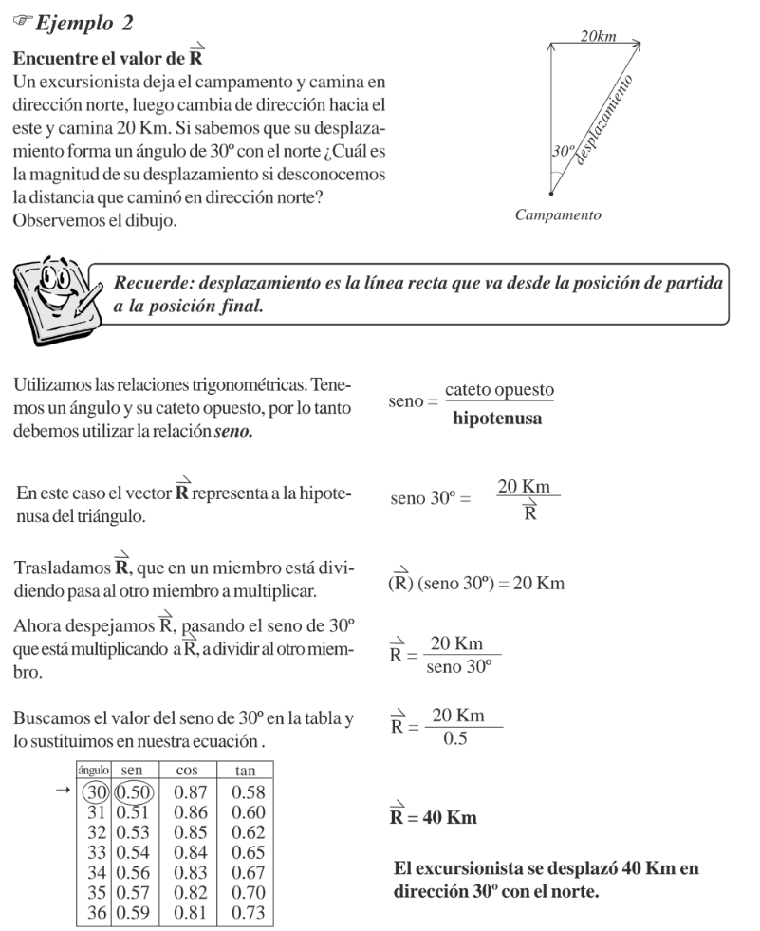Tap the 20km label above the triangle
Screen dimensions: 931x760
pos(598,36)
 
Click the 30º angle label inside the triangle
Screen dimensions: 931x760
pos(563,151)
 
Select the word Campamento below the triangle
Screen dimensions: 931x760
pos(558,214)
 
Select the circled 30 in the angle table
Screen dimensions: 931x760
pos(95,792)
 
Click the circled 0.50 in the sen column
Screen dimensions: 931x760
pos(135,792)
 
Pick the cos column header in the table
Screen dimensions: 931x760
pos(187,772)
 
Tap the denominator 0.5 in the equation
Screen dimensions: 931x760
pos(454,738)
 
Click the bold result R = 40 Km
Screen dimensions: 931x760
pos(433,815)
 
